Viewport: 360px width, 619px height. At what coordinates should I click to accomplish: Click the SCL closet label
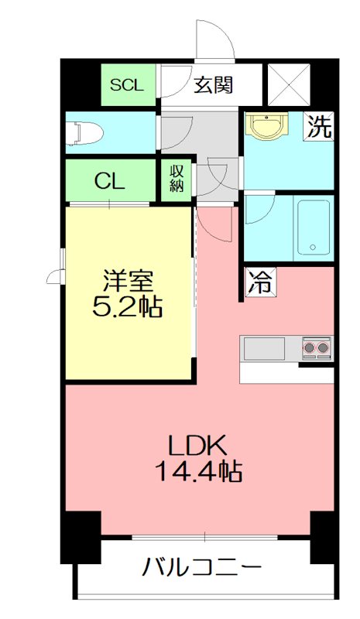click(127, 85)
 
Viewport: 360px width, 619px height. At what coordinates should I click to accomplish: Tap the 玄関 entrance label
click(213, 84)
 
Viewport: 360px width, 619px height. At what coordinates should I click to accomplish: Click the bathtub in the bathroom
click(313, 228)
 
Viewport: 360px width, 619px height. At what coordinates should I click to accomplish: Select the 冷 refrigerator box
click(260, 283)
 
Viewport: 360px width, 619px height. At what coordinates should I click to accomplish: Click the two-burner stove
click(316, 349)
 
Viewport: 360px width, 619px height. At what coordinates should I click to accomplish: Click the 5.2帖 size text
click(128, 307)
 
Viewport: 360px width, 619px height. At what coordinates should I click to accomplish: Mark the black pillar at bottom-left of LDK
click(81, 537)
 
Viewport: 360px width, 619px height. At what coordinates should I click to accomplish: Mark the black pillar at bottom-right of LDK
click(322, 537)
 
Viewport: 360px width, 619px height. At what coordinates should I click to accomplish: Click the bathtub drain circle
click(313, 248)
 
